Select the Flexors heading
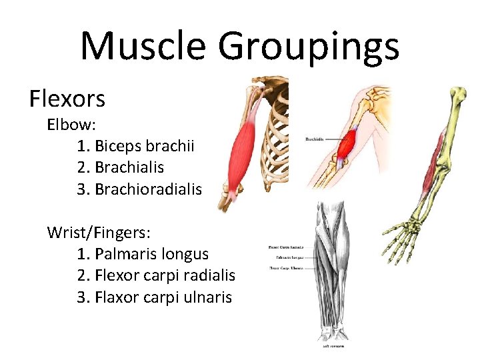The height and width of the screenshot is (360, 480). pos(67,99)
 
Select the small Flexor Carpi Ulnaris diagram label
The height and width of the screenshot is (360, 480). pos(285,268)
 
